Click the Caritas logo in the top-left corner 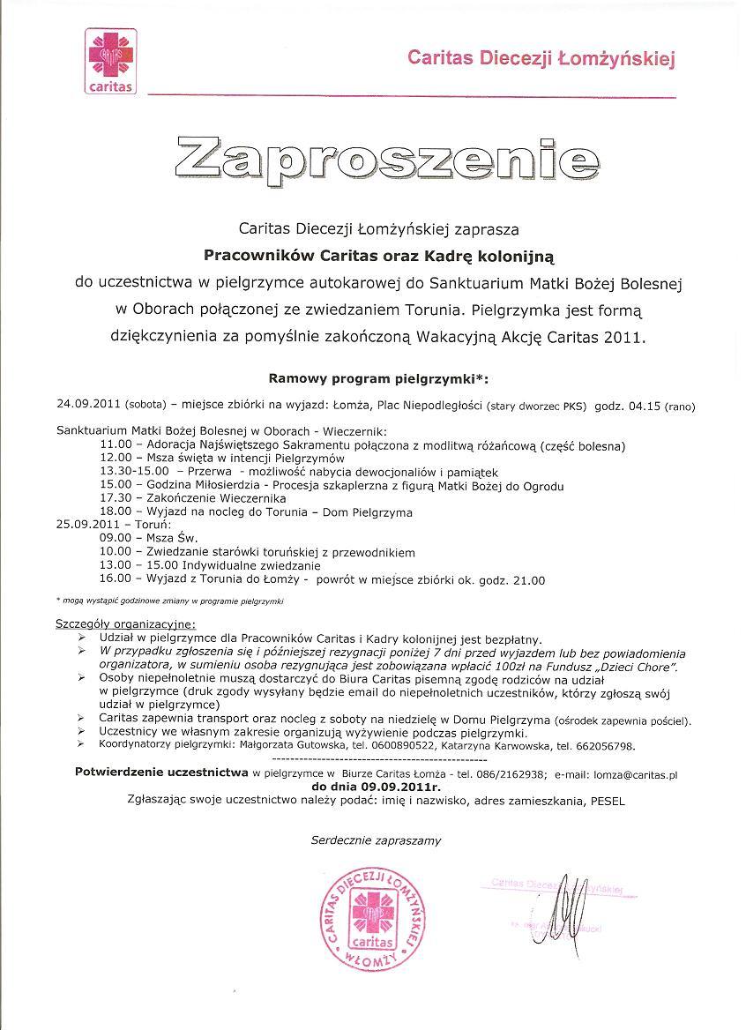[x=109, y=61]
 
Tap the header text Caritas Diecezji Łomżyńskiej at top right [x=540, y=59]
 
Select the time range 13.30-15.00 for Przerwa [x=134, y=473]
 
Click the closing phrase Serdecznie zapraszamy [x=376, y=840]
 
